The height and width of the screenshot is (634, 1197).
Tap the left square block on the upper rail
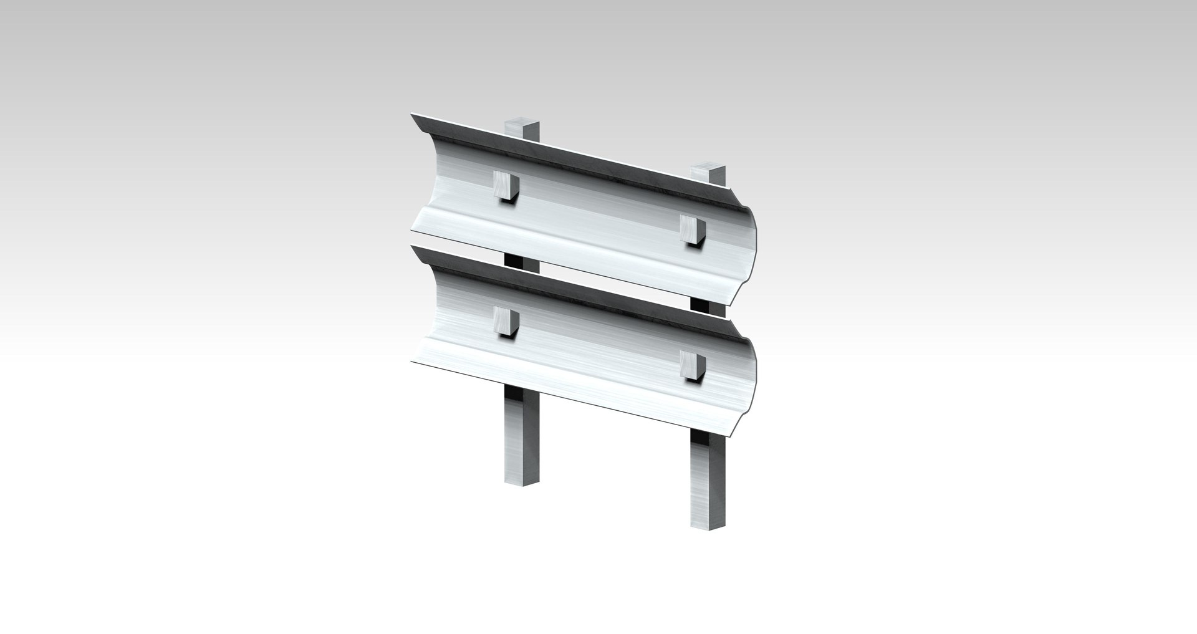505,186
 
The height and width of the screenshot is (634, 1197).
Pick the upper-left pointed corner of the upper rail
413,115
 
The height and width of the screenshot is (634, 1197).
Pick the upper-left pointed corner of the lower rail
413,248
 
